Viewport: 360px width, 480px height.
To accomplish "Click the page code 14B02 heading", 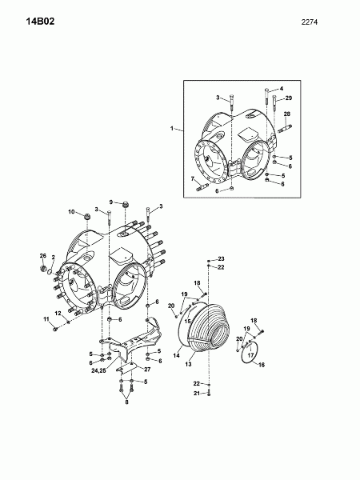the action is coord(41,22).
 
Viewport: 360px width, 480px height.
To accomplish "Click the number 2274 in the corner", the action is coord(310,22).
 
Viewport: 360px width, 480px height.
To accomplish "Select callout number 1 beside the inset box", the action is coord(172,129).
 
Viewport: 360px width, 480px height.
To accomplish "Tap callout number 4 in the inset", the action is coord(282,89).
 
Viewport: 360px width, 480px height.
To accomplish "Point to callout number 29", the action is coord(288,98).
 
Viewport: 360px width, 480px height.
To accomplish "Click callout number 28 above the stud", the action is coord(287,114).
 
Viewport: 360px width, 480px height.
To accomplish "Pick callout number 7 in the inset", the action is coord(193,178).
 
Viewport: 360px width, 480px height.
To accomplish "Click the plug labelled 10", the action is coord(87,216).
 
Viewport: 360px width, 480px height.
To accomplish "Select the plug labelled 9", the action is coord(125,205).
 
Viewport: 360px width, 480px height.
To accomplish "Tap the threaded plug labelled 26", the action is coord(43,269).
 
